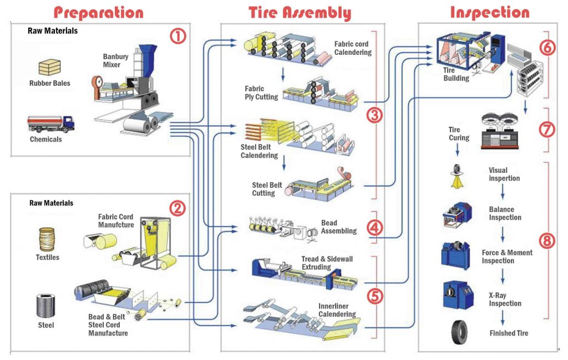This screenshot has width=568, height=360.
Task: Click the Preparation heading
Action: point(99,12)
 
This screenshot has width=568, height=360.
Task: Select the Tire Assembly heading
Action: point(300,12)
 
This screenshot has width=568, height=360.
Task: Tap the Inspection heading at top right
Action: point(489,12)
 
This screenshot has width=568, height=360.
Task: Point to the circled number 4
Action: point(375,228)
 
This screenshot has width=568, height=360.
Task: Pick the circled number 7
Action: point(546,130)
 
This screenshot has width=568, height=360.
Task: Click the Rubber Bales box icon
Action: point(49,67)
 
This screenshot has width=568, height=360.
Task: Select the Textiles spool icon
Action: point(47,239)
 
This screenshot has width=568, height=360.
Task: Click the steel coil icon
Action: point(45,305)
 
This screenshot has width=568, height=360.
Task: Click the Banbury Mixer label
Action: point(115,60)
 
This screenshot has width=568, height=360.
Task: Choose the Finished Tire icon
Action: point(459,332)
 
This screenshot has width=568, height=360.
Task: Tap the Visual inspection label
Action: point(504,174)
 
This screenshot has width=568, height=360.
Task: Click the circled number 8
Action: point(546,241)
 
